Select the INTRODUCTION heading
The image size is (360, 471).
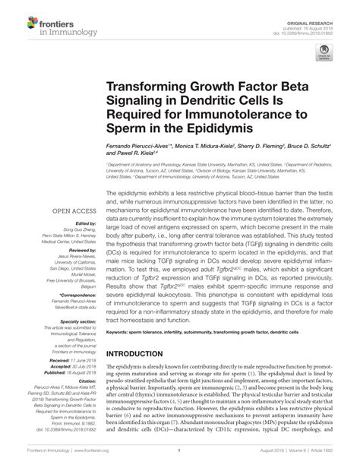pyautogui.click(x=144, y=355)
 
